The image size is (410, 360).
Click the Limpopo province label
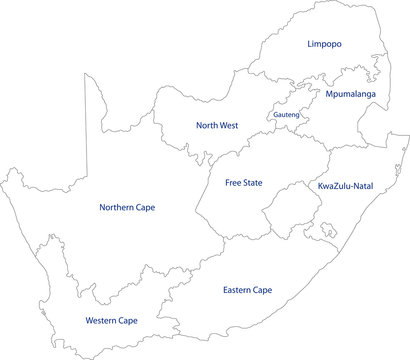[325, 45]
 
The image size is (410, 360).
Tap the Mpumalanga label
[350, 94]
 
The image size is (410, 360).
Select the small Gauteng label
[284, 115]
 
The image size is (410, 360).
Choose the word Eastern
[233, 290]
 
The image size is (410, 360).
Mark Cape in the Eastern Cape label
[261, 290]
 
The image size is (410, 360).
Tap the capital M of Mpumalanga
[328, 94]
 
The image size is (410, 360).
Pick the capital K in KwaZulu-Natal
[320, 186]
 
